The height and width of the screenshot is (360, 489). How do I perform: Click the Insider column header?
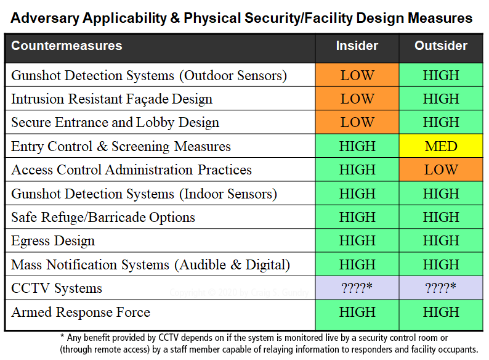coord(357,46)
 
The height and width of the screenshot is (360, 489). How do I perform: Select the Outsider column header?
coord(441,46)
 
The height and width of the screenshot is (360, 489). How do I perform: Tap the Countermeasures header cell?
coord(67,46)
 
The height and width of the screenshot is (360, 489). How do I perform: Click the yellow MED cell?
coord(441,146)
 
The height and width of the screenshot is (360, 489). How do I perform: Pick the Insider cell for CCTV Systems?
coord(357,288)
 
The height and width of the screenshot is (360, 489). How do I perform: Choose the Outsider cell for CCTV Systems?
coord(441,288)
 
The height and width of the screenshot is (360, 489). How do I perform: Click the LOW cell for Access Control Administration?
coord(441,170)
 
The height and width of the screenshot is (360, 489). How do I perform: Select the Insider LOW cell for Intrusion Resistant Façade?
coord(357,99)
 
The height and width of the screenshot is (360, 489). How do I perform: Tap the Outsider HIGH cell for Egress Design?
coord(441,240)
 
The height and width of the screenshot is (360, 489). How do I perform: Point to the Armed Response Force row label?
coord(81,312)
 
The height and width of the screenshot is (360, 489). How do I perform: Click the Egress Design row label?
coord(53,240)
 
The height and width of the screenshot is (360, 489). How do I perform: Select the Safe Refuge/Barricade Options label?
coord(103,217)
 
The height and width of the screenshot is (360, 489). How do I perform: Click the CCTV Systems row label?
coord(57,288)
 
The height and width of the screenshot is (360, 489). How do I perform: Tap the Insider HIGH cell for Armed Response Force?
coord(357,312)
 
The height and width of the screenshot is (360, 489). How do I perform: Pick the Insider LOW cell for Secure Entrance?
coord(357,122)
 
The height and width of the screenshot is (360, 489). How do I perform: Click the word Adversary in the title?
coord(44,18)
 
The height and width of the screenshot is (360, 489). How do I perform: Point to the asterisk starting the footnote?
coord(62,338)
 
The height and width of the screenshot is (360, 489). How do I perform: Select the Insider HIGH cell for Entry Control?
coord(357,146)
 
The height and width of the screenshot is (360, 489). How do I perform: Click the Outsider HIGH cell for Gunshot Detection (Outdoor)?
coord(441,75)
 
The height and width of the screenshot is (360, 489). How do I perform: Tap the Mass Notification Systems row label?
coord(150,264)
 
